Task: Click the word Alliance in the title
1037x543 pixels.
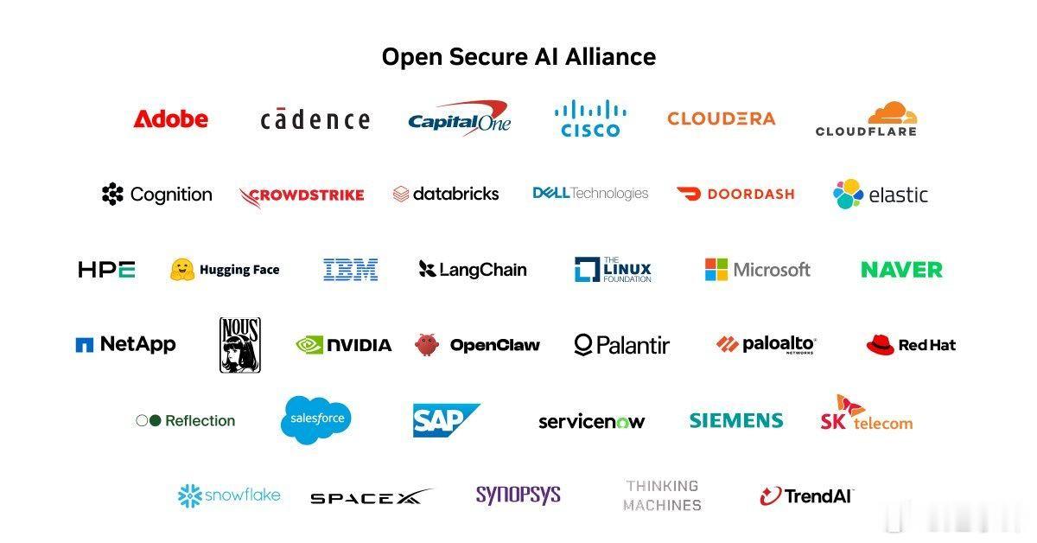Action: (610, 57)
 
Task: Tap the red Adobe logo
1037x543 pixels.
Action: (171, 119)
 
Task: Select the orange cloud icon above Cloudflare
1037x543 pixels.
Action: (892, 112)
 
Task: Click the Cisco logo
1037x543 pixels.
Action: (590, 119)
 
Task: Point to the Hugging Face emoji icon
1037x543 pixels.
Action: (182, 270)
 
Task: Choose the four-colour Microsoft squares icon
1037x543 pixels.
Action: (716, 270)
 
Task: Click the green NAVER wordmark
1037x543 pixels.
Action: (901, 270)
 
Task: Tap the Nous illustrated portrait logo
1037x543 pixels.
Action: (240, 345)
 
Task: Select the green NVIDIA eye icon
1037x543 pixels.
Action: (309, 345)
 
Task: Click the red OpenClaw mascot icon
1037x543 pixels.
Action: (426, 345)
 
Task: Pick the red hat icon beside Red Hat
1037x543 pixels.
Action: (880, 345)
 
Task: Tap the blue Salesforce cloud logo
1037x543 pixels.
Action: (315, 419)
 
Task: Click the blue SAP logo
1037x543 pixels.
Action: (446, 419)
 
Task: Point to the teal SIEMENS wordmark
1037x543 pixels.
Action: (736, 421)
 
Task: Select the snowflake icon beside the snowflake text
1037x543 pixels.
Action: (190, 495)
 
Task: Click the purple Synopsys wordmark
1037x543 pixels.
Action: (518, 495)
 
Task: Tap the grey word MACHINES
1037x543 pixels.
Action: (662, 505)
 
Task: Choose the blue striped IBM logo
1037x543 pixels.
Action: (351, 270)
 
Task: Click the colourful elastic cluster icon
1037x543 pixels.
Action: (848, 194)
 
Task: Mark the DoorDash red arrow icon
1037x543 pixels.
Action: (689, 194)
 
